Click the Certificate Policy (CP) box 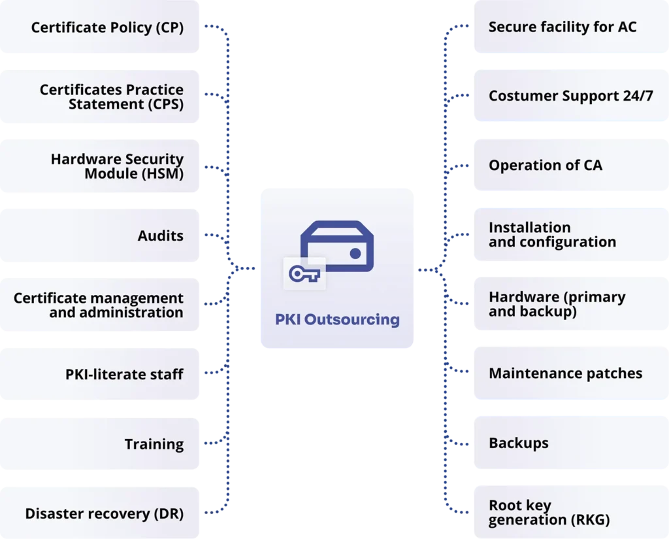point(107,27)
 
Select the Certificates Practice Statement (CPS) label point(111,97)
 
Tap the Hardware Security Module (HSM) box point(117,166)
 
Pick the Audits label point(160,235)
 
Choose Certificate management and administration point(99,305)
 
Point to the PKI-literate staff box point(124,374)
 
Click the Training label point(154,444)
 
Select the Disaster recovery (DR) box point(105,513)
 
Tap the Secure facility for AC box point(563,27)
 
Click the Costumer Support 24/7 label point(570,96)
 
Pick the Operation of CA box point(546,165)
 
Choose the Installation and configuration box point(552,235)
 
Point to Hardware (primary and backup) point(557,304)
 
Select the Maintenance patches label point(565,374)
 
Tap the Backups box point(519,443)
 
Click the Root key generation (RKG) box point(549,513)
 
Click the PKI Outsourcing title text point(337,320)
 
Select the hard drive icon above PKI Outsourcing point(337,246)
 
